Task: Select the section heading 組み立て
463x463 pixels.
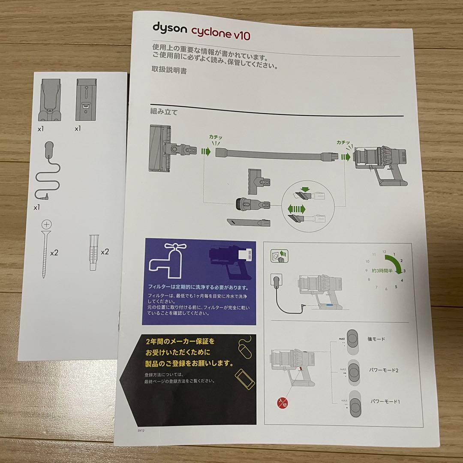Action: [x=164, y=112]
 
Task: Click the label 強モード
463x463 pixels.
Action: [x=377, y=339]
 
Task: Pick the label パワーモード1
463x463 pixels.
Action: [x=385, y=402]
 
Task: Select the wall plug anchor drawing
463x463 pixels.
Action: [x=94, y=253]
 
